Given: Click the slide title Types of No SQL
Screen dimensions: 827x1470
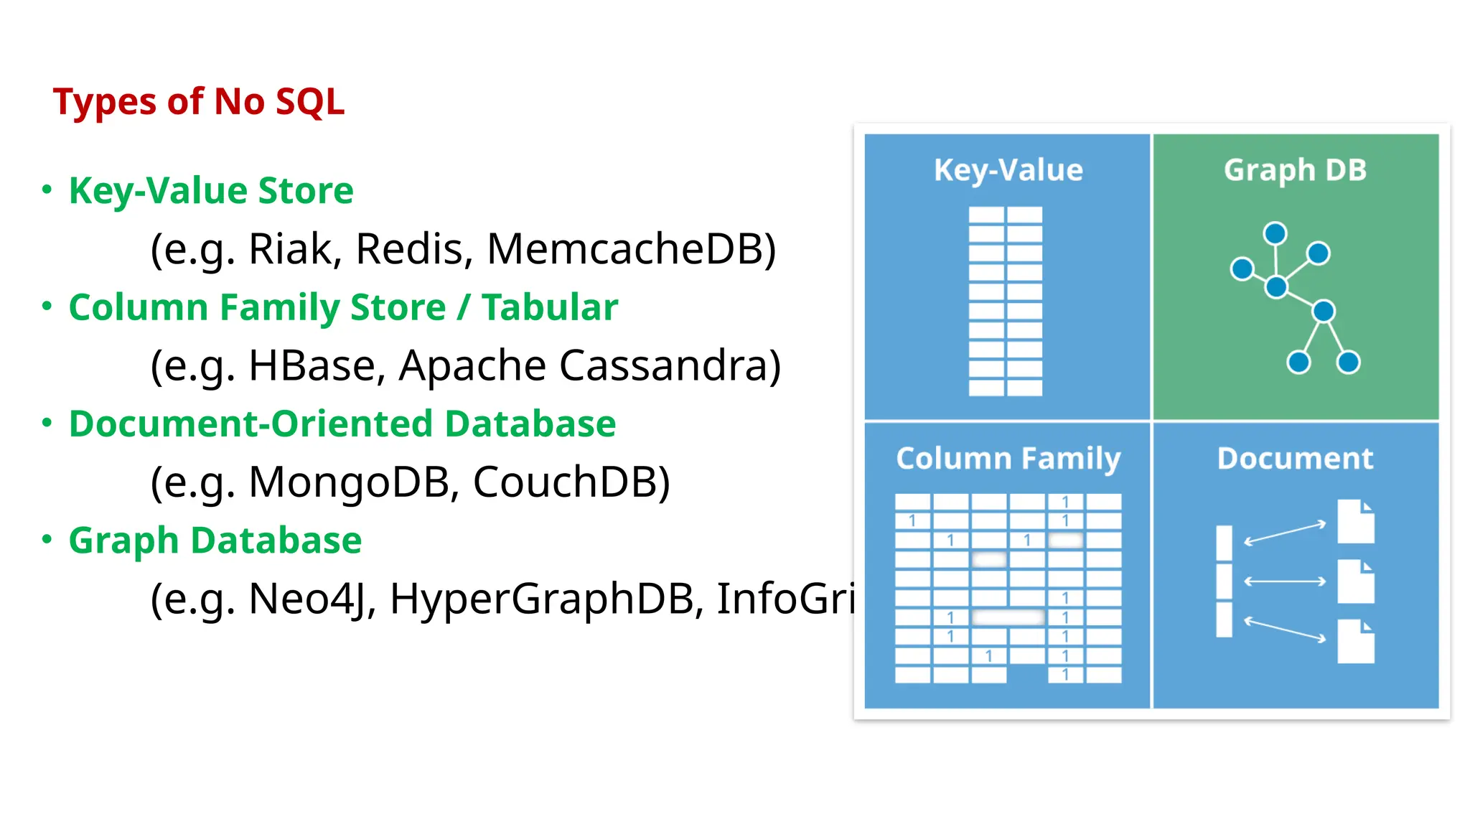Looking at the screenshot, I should (199, 102).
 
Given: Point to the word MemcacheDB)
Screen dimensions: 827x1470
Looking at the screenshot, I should (631, 250).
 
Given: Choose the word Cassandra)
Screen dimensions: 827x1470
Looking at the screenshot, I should (670, 366).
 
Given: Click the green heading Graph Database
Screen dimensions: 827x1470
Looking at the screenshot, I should (215, 541).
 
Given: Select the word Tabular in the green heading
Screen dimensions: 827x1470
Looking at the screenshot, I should (550, 308).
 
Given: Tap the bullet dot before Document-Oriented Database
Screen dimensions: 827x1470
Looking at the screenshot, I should (47, 422).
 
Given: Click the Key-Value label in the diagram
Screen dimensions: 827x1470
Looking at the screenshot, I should (1008, 171).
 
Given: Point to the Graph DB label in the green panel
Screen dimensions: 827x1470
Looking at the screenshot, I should (1295, 171).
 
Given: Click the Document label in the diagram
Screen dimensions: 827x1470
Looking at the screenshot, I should (1295, 459).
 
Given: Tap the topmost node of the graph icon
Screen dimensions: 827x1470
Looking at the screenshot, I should (1275, 233).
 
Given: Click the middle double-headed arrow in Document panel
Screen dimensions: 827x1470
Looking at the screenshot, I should (1284, 581).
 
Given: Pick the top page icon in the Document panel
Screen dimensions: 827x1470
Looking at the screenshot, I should (1356, 522).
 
